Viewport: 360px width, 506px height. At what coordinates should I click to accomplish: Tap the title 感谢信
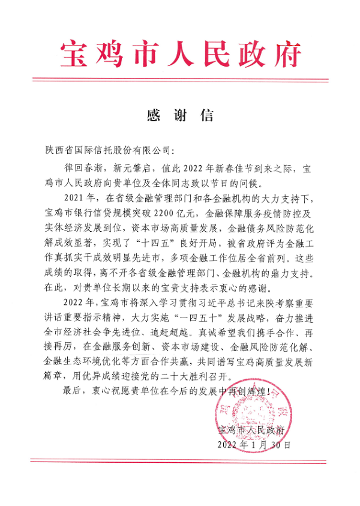(x=180, y=116)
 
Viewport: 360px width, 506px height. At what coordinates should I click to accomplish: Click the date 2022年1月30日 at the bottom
(x=256, y=445)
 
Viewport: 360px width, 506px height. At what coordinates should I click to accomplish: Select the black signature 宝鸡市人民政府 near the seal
(x=251, y=431)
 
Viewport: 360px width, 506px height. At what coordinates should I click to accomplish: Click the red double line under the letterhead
(x=180, y=79)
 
